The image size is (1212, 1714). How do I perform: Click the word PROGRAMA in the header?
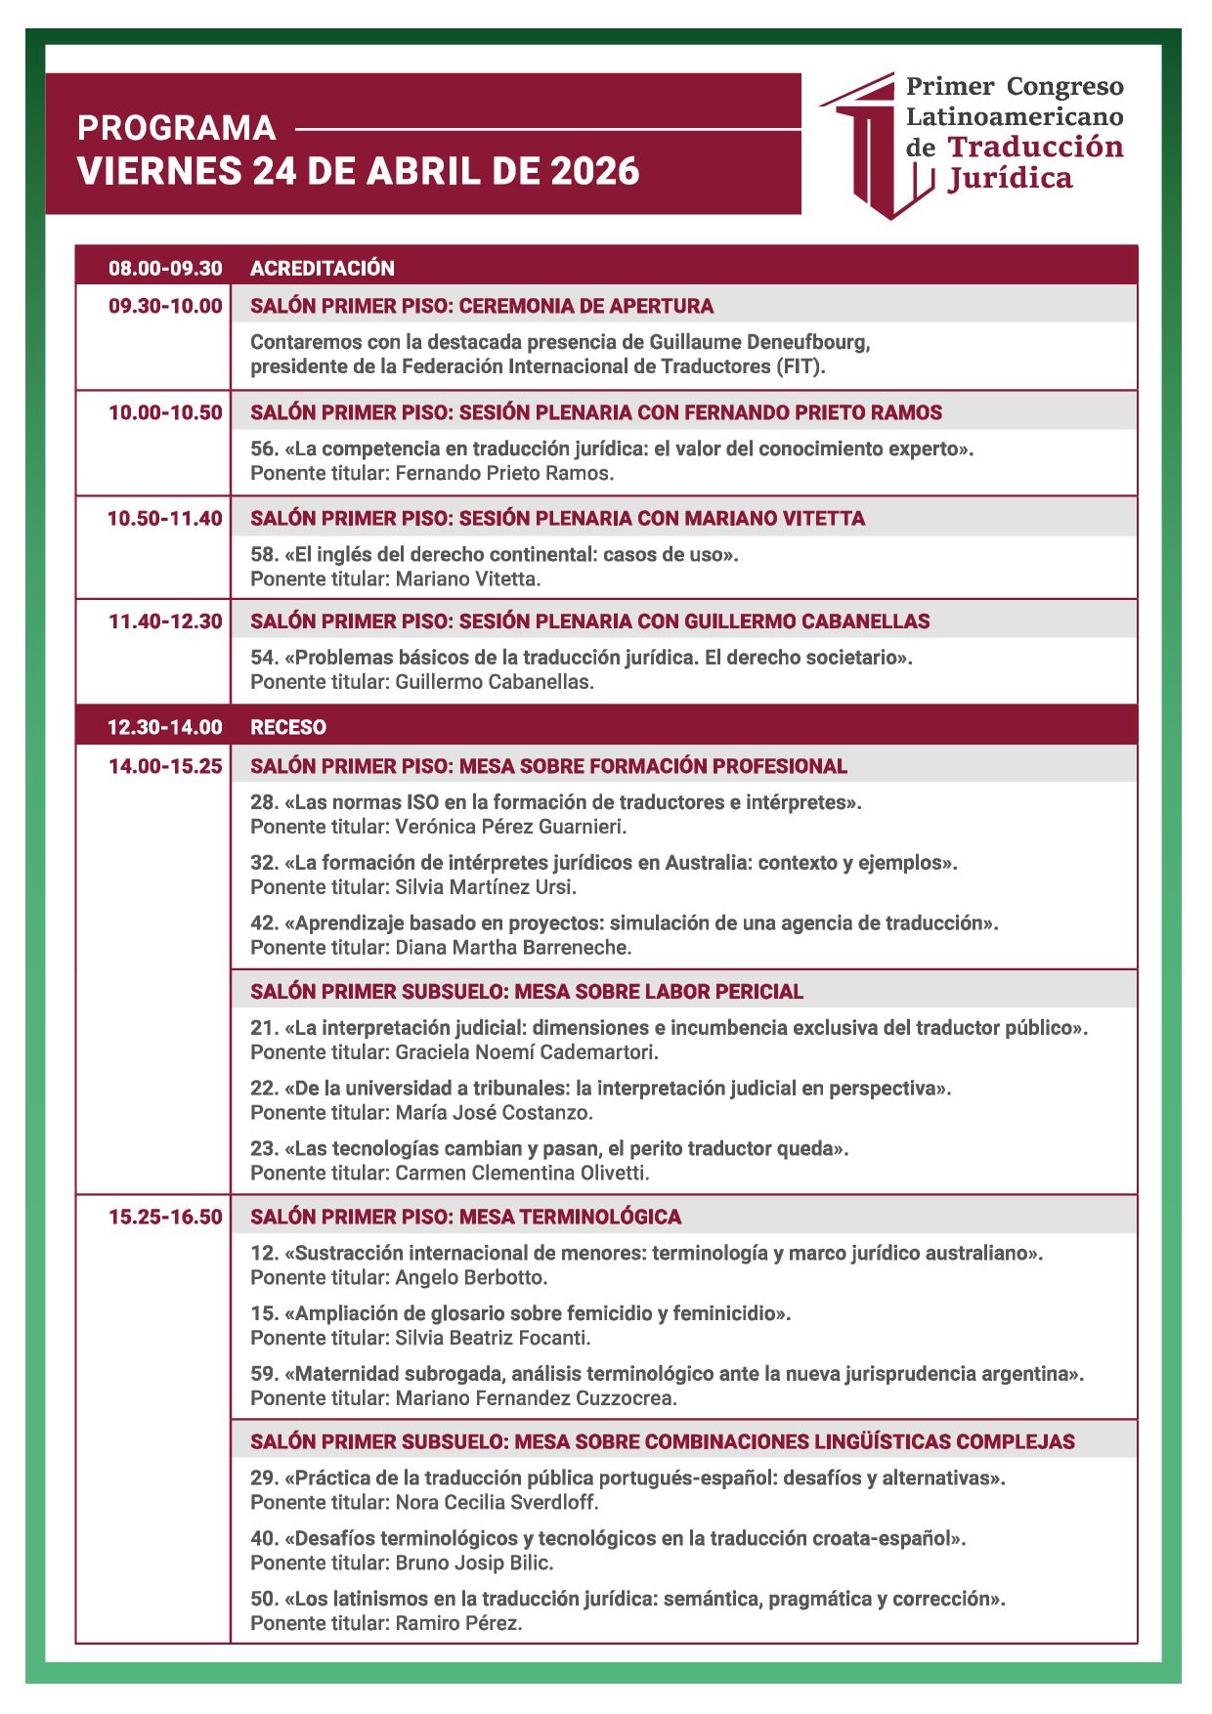pyautogui.click(x=176, y=129)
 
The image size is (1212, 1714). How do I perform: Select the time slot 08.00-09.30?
pyautogui.click(x=165, y=268)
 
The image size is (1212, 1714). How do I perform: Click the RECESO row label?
pyautogui.click(x=288, y=727)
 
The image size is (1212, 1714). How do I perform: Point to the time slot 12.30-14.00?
pyautogui.click(x=165, y=727)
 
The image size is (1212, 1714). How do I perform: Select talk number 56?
pyautogui.click(x=264, y=449)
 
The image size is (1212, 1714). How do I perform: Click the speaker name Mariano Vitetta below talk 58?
pyautogui.click(x=467, y=578)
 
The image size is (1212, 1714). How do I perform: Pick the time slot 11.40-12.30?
pyautogui.click(x=165, y=621)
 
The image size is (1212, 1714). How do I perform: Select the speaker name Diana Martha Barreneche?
pyautogui.click(x=513, y=947)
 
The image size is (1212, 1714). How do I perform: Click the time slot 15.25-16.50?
pyautogui.click(x=165, y=1218)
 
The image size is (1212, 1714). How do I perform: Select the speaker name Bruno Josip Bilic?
pyautogui.click(x=474, y=1563)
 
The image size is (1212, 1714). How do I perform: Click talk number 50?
pyautogui.click(x=264, y=1600)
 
